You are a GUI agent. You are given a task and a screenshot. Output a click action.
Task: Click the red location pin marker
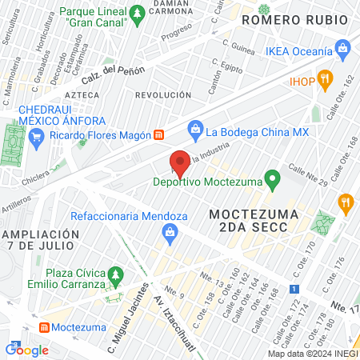click(x=180, y=163)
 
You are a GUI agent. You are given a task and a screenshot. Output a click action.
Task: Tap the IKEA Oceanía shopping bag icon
click(x=342, y=48)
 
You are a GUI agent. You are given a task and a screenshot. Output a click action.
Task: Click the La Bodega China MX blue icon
click(x=195, y=128)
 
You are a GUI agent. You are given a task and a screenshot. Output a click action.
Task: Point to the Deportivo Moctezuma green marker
click(x=272, y=180)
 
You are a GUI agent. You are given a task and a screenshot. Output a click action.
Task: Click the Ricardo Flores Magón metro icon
click(x=159, y=134)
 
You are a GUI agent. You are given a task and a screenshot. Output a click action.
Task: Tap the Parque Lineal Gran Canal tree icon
click(x=138, y=13)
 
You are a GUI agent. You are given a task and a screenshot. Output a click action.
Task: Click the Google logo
click(x=26, y=350)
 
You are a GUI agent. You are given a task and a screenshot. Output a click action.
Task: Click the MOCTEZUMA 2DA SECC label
click(x=254, y=221)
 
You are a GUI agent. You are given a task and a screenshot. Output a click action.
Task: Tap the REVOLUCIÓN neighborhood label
click(x=164, y=94)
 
